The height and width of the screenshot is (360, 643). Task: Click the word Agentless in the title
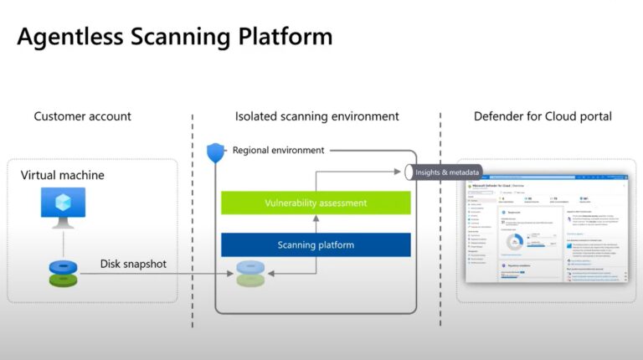(68, 38)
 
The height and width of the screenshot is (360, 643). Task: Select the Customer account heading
(82, 116)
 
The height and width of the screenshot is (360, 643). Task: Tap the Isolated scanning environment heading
(316, 116)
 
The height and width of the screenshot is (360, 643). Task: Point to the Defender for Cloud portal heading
(543, 116)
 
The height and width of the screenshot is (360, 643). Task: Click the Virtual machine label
(62, 175)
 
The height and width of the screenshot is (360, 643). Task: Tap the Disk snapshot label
(133, 265)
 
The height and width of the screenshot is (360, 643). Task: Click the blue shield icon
(215, 152)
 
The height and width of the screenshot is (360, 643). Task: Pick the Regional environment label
(279, 151)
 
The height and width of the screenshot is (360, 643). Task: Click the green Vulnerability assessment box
(316, 203)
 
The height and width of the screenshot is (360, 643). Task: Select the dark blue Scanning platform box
(316, 244)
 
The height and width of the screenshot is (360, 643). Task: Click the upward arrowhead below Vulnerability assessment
(316, 220)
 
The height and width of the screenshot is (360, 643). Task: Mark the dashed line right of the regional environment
(440, 251)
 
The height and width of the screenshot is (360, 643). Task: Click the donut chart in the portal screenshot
(515, 242)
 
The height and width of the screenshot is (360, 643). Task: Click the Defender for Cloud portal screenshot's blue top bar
(544, 177)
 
